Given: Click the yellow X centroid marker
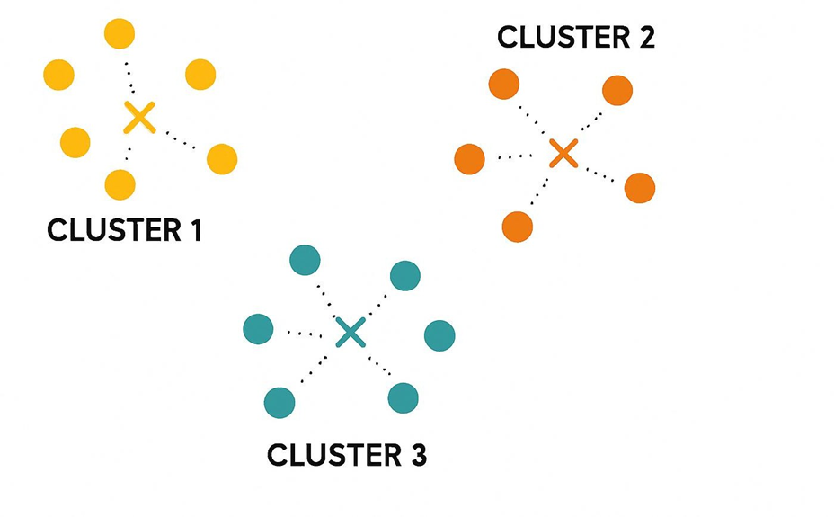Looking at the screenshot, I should tap(139, 118).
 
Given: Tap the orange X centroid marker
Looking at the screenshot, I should tap(563, 153).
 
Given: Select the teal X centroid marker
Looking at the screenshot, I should tap(350, 332).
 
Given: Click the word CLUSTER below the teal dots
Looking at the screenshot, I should tap(332, 455).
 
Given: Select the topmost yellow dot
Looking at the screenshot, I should tap(120, 34).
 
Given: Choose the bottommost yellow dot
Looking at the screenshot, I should tap(120, 184).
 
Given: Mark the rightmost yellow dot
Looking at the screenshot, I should tap(222, 159).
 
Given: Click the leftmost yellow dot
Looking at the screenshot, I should tap(58, 75).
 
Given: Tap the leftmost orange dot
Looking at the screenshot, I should tap(469, 159).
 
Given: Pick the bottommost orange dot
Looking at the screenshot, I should tap(518, 227).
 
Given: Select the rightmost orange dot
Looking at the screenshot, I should tap(640, 188).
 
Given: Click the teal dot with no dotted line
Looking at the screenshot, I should tap(439, 335).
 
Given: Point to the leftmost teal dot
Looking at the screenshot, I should tap(258, 328).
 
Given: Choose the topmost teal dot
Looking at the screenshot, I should tap(306, 261).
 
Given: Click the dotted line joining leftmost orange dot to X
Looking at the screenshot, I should tap(515, 156).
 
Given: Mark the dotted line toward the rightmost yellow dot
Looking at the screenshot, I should tap(180, 141).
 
